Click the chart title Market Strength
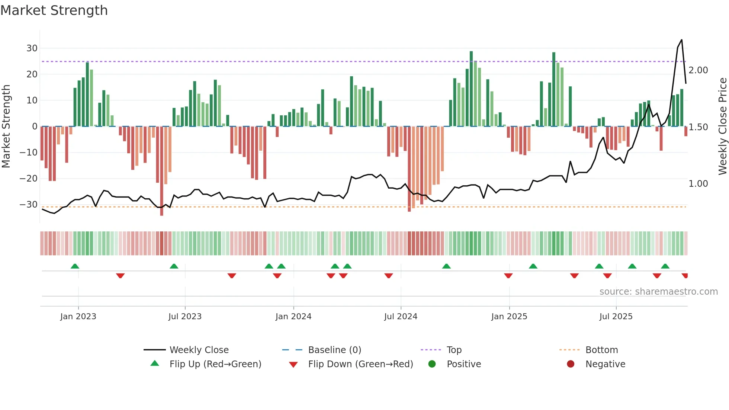pyautogui.click(x=54, y=10)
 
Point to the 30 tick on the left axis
pyautogui.click(x=32, y=48)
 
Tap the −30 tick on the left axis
pyautogui.click(x=29, y=204)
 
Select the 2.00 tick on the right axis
pyautogui.click(x=698, y=70)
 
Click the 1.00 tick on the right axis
pyautogui.click(x=698, y=184)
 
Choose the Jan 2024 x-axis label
pyautogui.click(x=293, y=317)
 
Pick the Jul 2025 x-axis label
pyautogui.click(x=616, y=317)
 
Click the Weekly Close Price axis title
pyautogui.click(x=722, y=126)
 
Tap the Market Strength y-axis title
pyautogui.click(x=6, y=126)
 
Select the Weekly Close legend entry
pyautogui.click(x=199, y=350)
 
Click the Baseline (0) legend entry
pyautogui.click(x=334, y=350)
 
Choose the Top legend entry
pyautogui.click(x=454, y=350)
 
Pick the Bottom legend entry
pyautogui.click(x=601, y=350)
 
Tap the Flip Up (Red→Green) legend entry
pyautogui.click(x=215, y=364)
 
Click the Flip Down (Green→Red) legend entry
pyautogui.click(x=360, y=364)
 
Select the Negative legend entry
pyautogui.click(x=605, y=364)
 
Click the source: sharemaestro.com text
pyautogui.click(x=658, y=292)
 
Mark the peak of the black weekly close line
pyautogui.click(x=681, y=40)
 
